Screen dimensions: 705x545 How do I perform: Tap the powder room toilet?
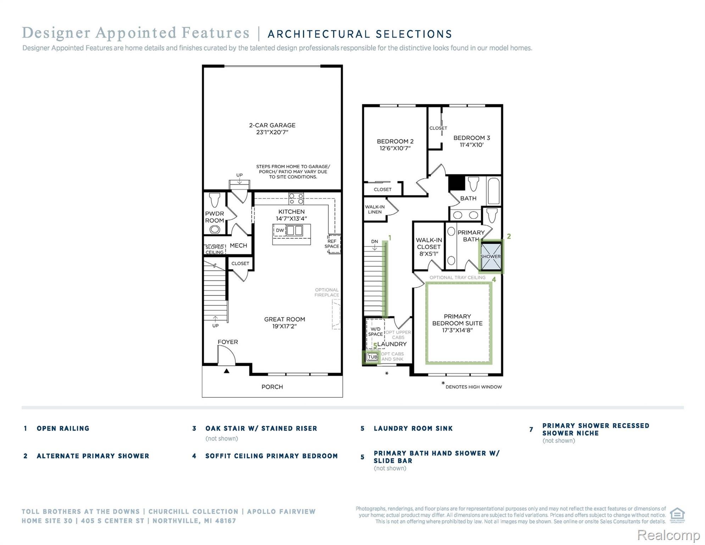click(x=215, y=200)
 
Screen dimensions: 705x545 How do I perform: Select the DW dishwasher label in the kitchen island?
click(x=280, y=230)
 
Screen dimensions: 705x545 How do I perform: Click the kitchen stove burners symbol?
click(x=296, y=198)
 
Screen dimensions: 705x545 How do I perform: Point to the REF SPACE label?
click(x=332, y=244)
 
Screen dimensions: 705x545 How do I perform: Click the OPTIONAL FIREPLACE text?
click(x=327, y=292)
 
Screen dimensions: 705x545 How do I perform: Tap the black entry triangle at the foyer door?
click(x=227, y=371)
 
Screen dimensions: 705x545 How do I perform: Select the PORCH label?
click(x=272, y=387)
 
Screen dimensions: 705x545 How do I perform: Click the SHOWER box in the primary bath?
click(x=491, y=257)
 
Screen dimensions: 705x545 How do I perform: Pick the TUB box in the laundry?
click(x=372, y=357)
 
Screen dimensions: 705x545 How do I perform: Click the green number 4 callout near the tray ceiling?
click(x=494, y=280)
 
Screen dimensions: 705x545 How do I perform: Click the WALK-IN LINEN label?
click(x=375, y=209)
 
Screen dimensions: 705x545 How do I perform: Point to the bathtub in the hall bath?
click(x=494, y=191)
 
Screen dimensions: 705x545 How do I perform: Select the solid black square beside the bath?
click(x=457, y=183)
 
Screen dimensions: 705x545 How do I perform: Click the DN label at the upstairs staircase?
click(x=374, y=242)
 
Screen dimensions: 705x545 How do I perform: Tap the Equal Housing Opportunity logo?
click(x=677, y=516)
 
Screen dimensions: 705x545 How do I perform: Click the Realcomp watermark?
click(x=668, y=535)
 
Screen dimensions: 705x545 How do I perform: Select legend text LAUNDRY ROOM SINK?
click(x=413, y=429)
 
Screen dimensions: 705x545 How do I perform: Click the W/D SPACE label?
click(x=375, y=332)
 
